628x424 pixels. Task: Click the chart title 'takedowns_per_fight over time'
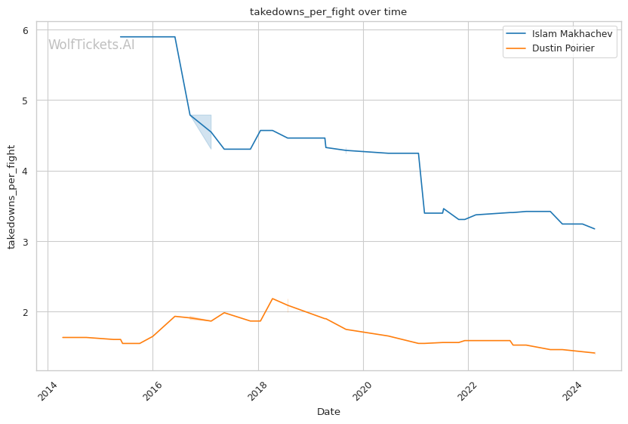[328, 11]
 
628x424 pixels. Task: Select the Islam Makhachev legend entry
[559, 34]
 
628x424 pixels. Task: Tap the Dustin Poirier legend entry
[550, 48]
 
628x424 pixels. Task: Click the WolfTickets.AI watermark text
[91, 45]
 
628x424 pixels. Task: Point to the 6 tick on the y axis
[26, 30]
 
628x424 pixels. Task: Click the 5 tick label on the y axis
[26, 101]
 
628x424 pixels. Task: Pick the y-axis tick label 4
[26, 172]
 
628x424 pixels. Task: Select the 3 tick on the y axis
[26, 242]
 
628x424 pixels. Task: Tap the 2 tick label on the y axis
[26, 312]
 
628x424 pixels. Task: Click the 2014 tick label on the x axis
[48, 391]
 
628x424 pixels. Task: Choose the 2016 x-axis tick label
[152, 391]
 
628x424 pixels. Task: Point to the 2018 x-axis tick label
[257, 391]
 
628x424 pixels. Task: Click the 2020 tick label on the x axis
[362, 391]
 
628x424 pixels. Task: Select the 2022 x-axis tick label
[468, 391]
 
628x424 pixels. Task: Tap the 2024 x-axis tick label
[573, 391]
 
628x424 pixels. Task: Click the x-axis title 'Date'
[328, 412]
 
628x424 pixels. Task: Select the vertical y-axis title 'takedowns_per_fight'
[11, 197]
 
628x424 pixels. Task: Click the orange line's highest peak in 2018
[272, 299]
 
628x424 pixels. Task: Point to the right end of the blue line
[595, 229]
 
